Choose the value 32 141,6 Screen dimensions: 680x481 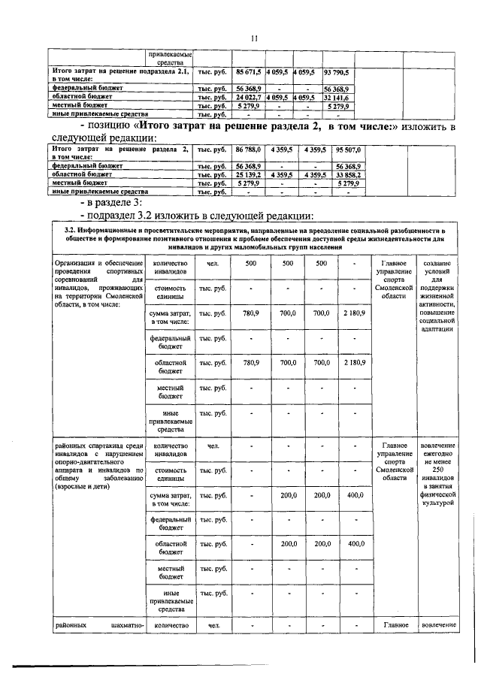pyautogui.click(x=336, y=98)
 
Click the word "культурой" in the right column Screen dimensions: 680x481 pyautogui.click(x=437, y=503)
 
